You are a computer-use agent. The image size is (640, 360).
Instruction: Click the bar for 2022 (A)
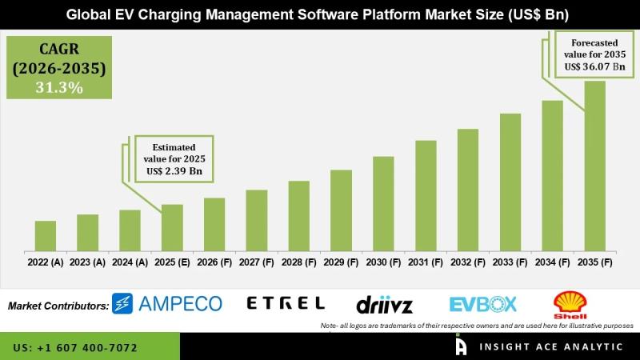(x=46, y=235)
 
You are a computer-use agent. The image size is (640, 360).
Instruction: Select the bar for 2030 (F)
(x=383, y=203)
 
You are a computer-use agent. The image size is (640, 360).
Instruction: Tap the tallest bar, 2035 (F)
(x=594, y=165)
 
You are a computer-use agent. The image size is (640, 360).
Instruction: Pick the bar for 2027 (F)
(x=257, y=220)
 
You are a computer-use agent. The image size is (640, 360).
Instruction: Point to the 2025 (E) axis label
(x=172, y=262)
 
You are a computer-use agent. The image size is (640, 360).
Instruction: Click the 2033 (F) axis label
(x=510, y=262)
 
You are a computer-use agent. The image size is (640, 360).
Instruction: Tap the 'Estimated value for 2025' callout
(x=174, y=158)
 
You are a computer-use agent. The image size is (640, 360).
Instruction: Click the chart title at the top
(x=320, y=14)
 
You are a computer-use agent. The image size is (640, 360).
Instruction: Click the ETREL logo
(x=286, y=303)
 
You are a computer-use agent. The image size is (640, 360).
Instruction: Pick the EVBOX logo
(x=483, y=304)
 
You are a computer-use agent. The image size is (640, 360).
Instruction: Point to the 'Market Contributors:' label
(x=58, y=305)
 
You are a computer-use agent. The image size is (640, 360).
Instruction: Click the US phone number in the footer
(x=75, y=348)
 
